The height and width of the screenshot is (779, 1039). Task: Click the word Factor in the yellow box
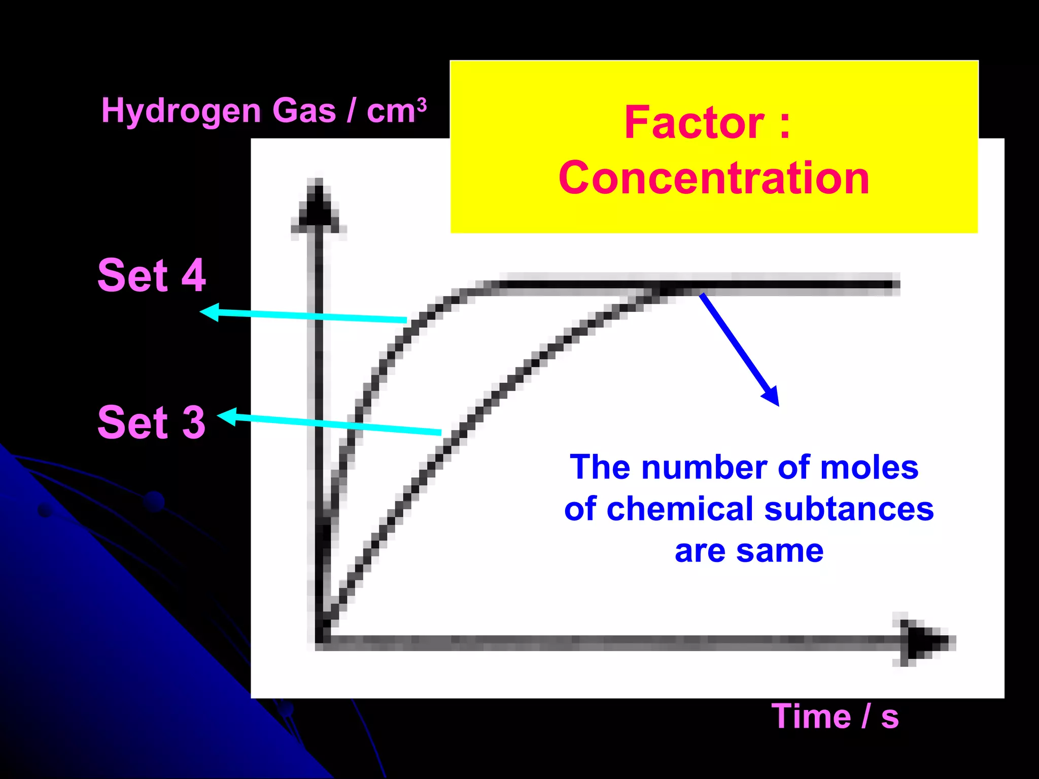[x=694, y=123]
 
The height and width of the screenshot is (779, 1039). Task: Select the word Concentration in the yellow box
[x=714, y=178]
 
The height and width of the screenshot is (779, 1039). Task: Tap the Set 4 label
[x=152, y=275]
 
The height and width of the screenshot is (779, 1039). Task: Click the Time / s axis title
[x=835, y=717]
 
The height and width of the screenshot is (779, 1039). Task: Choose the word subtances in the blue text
[x=849, y=509]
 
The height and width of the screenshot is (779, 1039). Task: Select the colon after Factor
[x=784, y=124]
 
